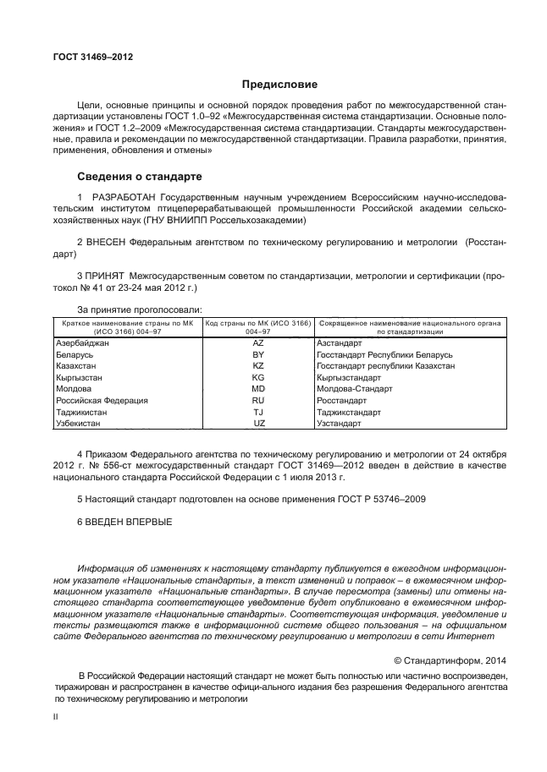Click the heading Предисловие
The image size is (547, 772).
(x=279, y=85)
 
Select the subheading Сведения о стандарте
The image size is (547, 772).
(x=140, y=178)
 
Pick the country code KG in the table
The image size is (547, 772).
(x=258, y=377)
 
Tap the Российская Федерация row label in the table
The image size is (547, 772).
(x=102, y=400)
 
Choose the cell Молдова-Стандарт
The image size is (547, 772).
(x=351, y=389)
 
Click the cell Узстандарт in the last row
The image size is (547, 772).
(x=338, y=423)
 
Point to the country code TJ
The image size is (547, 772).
(x=258, y=412)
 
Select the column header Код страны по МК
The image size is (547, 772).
(x=258, y=324)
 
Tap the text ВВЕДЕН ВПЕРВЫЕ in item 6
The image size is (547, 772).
(x=130, y=522)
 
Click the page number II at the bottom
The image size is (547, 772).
(x=55, y=715)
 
